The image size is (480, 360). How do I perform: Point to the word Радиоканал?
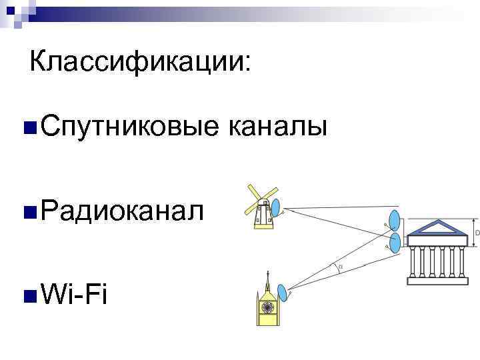(x=120, y=211)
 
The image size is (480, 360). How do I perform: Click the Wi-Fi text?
(x=73, y=293)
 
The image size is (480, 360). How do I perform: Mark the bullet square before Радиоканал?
(x=28, y=213)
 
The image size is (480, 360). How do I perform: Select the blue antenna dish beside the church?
(x=283, y=292)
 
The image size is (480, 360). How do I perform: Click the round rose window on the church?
(x=268, y=307)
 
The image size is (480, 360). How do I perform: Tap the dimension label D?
(x=477, y=233)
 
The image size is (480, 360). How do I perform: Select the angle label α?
(x=340, y=267)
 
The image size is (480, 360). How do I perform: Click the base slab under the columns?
(x=439, y=280)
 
